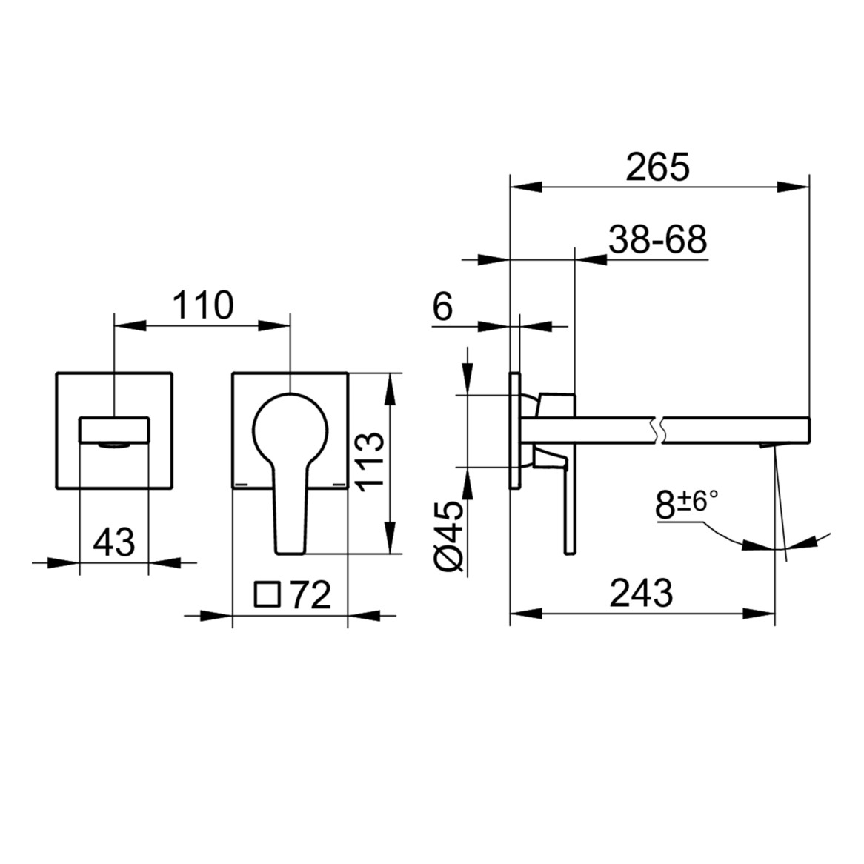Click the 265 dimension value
pos(657,167)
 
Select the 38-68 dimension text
pos(657,239)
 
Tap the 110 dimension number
pos(202,305)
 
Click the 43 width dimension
pos(114,542)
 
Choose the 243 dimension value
pos(641,593)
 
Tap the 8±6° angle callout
pos(687,505)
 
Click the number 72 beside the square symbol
pos(310,595)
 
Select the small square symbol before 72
pos(267,595)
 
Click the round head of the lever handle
pos(290,428)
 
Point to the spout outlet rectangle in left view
pos(114,429)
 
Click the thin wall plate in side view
pos(514,430)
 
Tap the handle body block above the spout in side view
pos(557,405)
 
